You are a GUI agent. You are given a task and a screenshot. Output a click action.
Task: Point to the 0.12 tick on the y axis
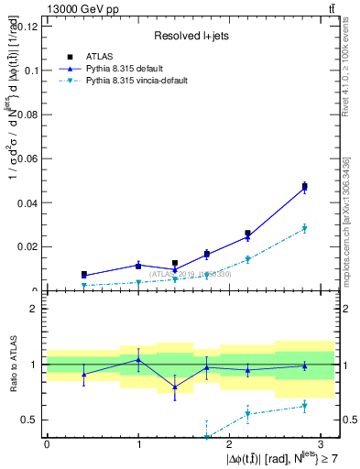pyautogui.click(x=28, y=26)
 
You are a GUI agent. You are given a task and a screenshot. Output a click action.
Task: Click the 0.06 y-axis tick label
pyautogui.click(x=28, y=158)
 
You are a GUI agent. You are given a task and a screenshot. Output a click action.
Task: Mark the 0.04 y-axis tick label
pyautogui.click(x=28, y=202)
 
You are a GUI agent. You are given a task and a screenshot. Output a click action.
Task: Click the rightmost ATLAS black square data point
pyautogui.click(x=305, y=187)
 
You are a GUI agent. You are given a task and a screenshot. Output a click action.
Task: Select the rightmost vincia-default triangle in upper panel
pyautogui.click(x=305, y=228)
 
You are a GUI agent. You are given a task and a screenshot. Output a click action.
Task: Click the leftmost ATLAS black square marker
pyautogui.click(x=83, y=274)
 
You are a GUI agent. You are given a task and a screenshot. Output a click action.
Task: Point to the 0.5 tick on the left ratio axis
pyautogui.click(x=28, y=420)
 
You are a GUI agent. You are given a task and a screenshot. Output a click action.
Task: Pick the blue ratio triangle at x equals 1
pyautogui.click(x=138, y=360)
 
